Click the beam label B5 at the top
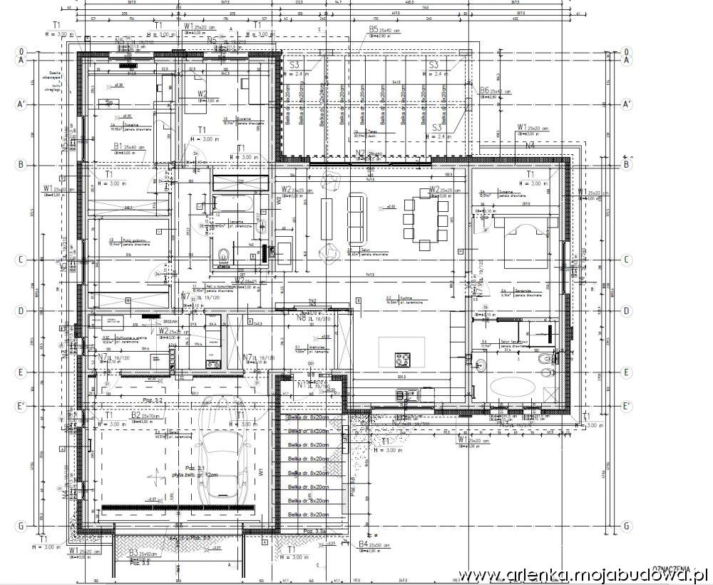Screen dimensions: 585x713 point(374,29)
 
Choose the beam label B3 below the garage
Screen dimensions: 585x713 point(133,552)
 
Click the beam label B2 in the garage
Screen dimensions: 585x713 point(136,414)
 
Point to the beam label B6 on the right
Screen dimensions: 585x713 point(484,91)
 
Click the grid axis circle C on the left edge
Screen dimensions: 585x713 point(22,260)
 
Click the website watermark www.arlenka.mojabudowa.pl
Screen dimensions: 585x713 point(582,575)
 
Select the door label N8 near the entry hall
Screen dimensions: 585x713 point(302,319)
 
